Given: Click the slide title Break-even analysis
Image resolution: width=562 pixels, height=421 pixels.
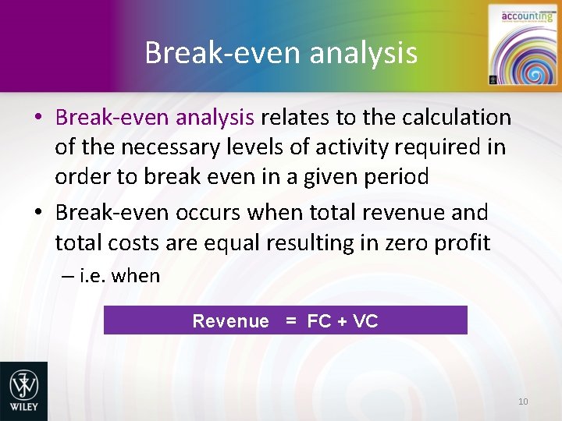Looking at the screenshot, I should tap(281, 53).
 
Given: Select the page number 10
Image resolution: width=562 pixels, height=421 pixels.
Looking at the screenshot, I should tap(523, 402).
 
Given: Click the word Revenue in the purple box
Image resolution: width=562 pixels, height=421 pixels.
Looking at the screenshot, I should tap(230, 321).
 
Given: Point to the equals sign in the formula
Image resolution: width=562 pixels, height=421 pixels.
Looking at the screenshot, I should tap(290, 321).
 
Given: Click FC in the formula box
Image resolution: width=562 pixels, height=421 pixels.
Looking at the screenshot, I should tap(318, 321).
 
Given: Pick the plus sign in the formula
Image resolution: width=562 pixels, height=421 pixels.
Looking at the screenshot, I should tap(342, 321).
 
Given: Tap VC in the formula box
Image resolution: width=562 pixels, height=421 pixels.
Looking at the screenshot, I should tap(365, 321).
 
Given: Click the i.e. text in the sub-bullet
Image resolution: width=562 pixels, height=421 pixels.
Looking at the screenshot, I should tap(94, 276).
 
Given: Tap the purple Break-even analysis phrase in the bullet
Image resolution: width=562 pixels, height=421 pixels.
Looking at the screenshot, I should tap(155, 118).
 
